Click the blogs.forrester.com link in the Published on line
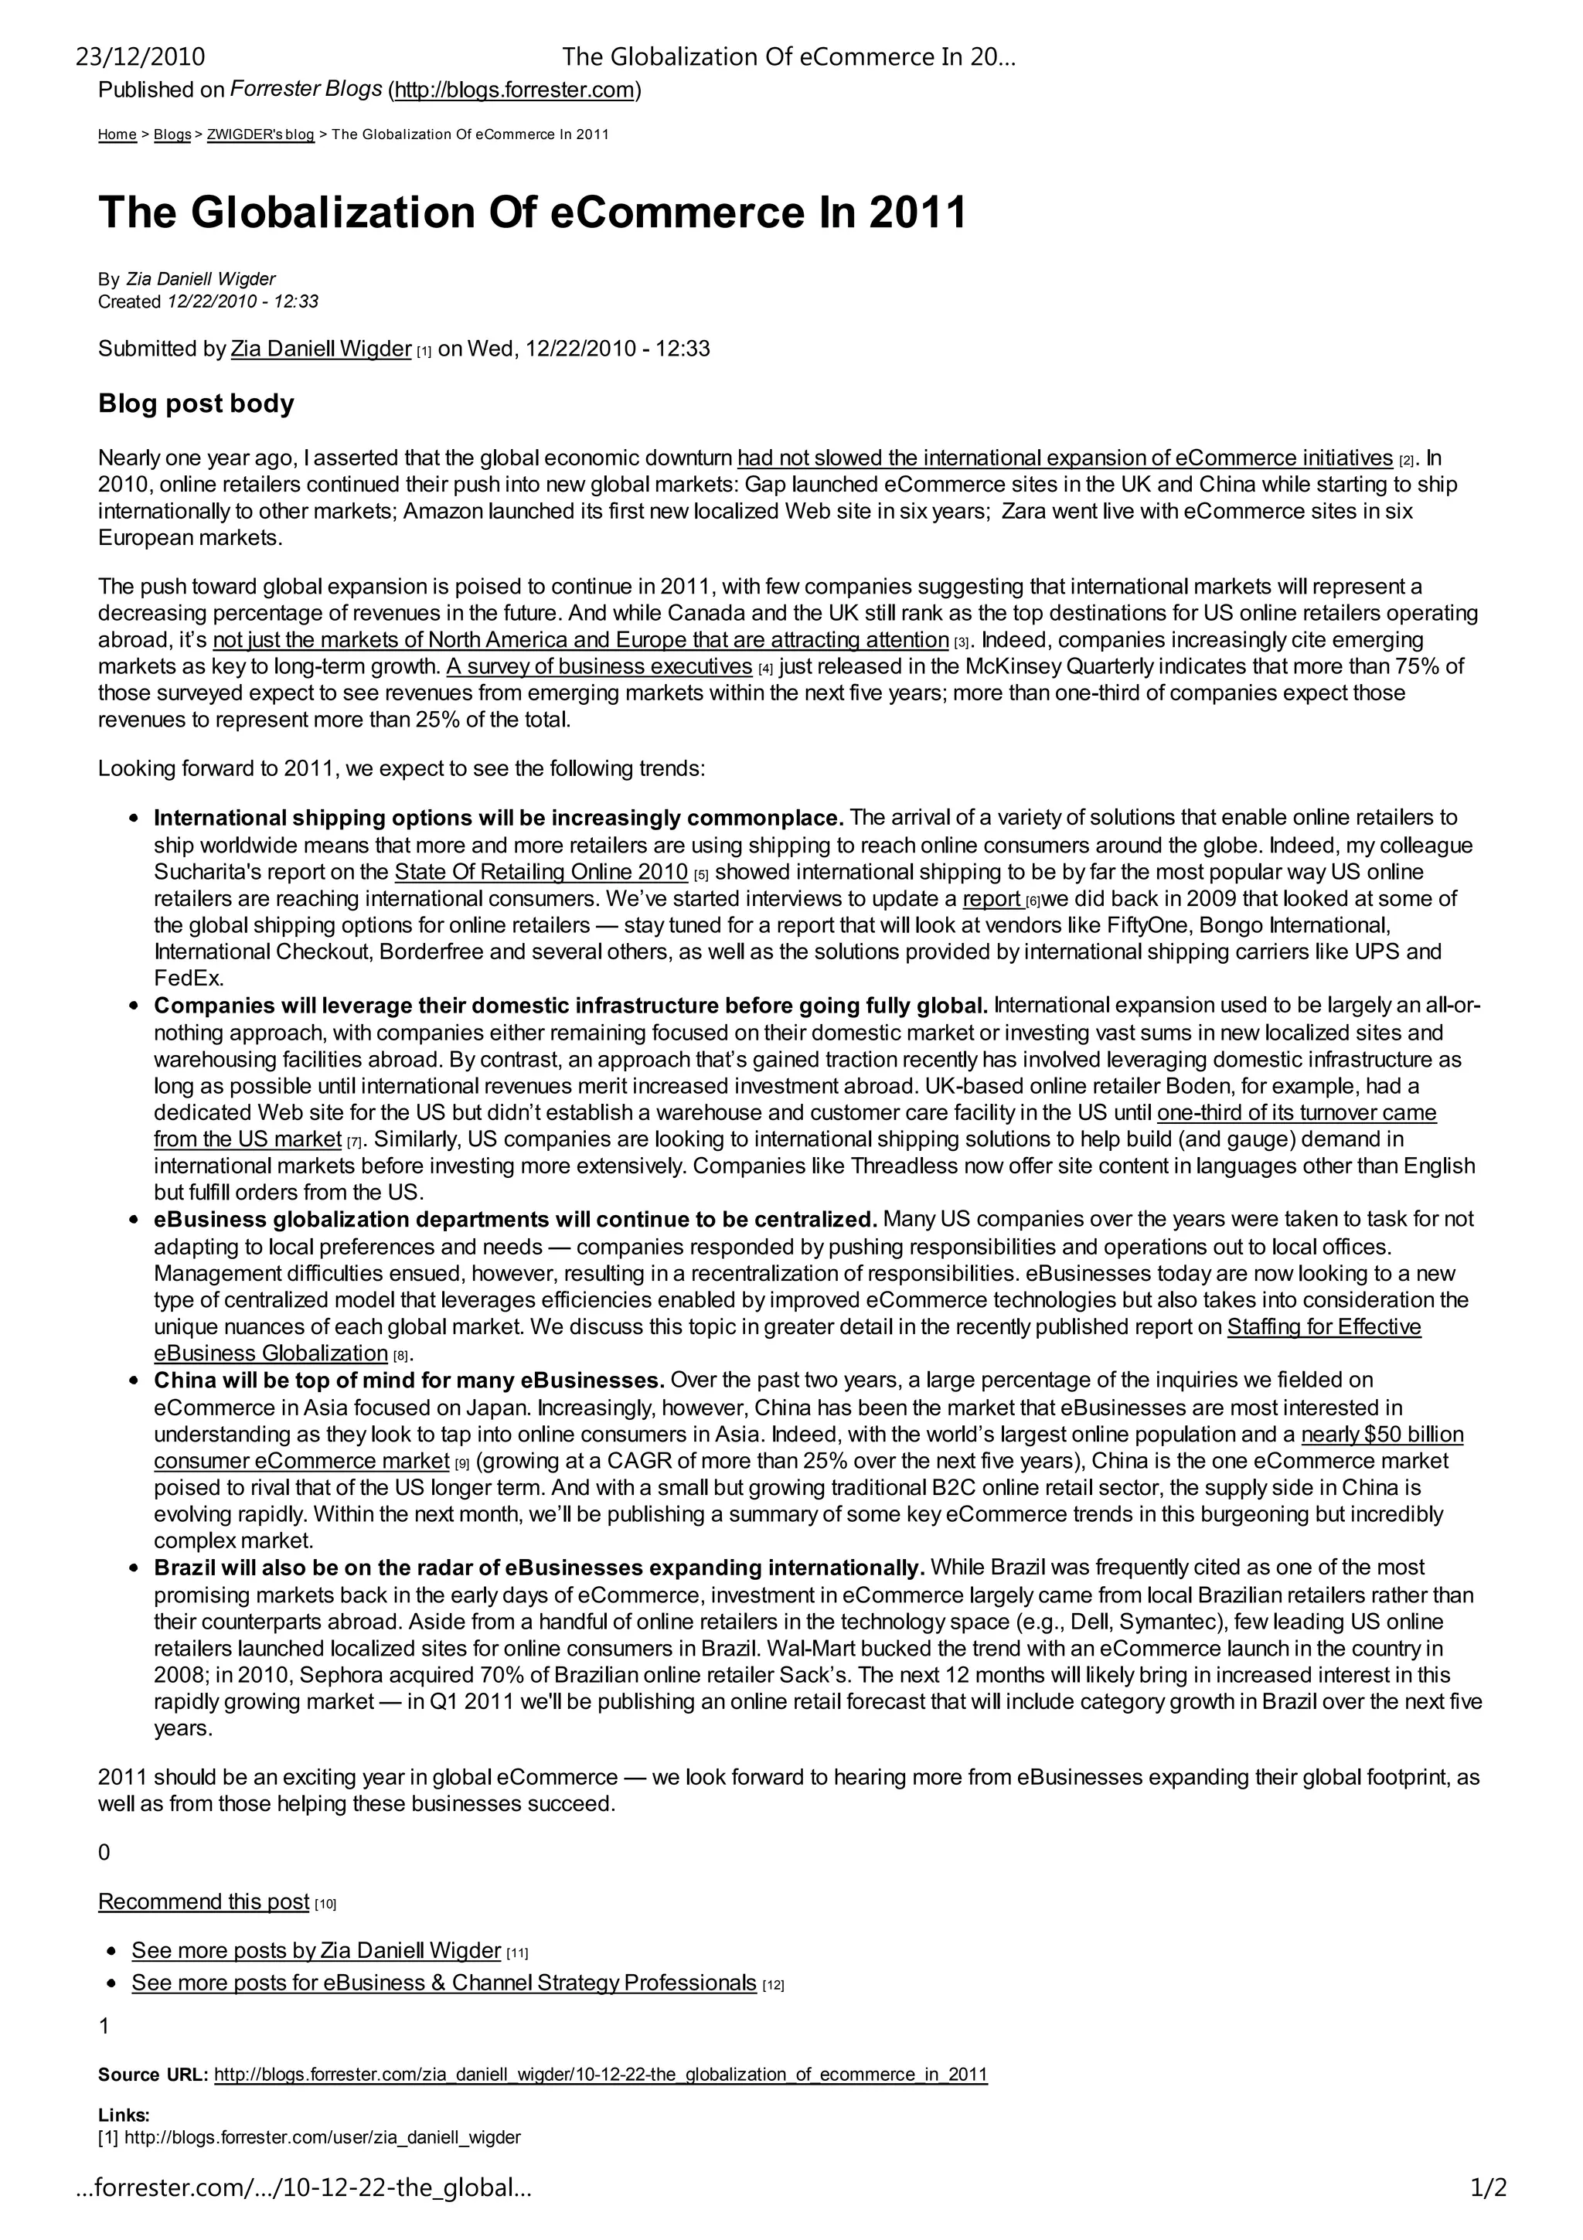(515, 90)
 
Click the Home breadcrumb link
(117, 134)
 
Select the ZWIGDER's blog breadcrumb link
(260, 134)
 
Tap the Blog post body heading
(196, 404)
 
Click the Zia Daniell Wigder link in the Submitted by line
(321, 349)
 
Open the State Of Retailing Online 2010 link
(540, 872)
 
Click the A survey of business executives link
(599, 667)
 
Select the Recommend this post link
(204, 1901)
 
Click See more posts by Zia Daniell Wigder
(316, 1950)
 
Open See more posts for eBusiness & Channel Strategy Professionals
(444, 1983)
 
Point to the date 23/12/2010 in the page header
(141, 57)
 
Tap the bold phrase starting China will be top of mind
(409, 1380)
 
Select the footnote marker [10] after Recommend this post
(325, 1904)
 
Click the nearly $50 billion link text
(1382, 1435)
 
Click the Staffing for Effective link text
(1323, 1327)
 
